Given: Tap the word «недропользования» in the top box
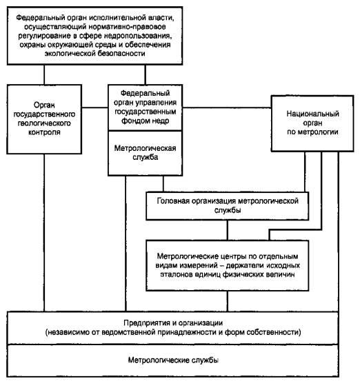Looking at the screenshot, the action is coord(138,36).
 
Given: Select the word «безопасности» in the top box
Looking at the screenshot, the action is coord(121,53).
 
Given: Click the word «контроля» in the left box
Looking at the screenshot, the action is coord(44,132).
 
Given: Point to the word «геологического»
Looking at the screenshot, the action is coord(44,123).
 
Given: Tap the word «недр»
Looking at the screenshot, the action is coord(160,121).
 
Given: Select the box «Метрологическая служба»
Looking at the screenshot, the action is coord(146,153).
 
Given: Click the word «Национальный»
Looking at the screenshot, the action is coord(312,114).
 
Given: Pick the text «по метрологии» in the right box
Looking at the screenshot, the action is coord(312,132).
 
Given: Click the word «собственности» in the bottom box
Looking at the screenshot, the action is coord(274,332).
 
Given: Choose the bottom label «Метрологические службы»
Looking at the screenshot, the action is coord(173,360).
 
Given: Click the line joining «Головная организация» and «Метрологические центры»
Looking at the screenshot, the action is coord(228,230).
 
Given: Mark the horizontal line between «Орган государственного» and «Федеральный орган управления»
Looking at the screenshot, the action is coord(95,107).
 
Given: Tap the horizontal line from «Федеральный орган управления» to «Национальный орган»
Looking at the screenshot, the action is coord(227,107).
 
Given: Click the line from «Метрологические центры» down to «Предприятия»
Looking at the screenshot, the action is coord(228,301).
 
